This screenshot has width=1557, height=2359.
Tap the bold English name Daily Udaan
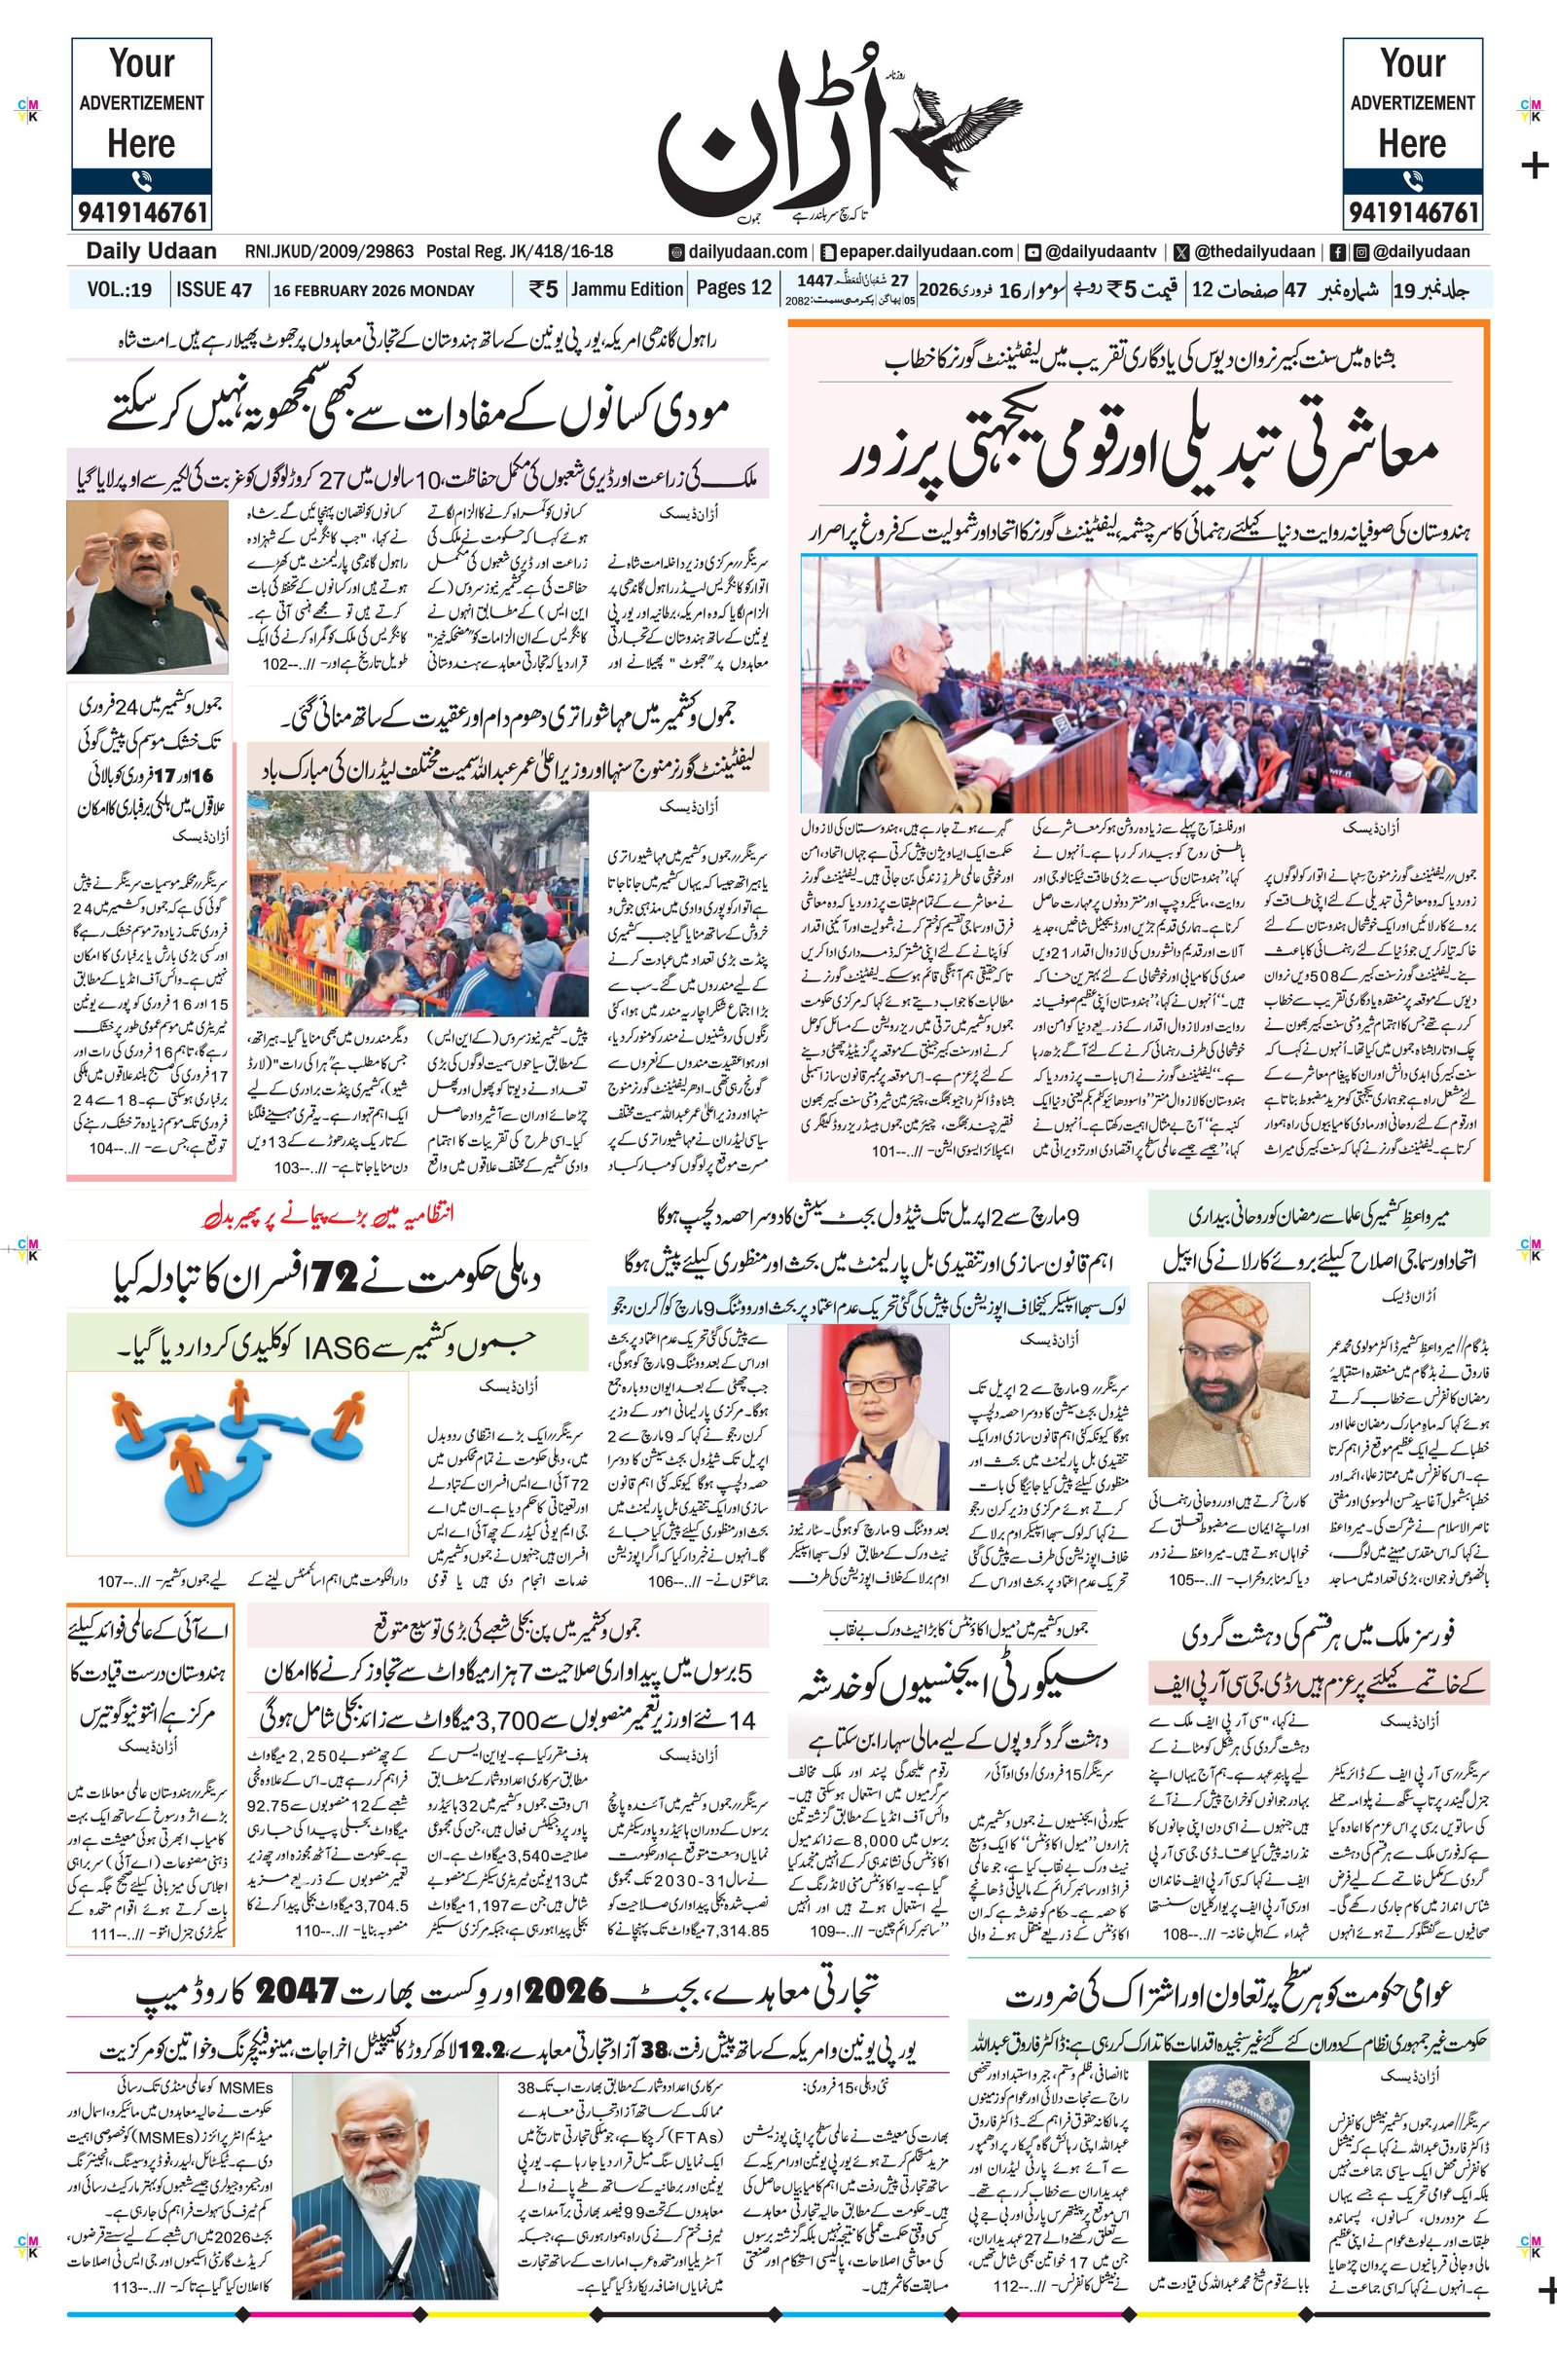click(151, 251)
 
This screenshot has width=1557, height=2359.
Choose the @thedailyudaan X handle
click(1248, 251)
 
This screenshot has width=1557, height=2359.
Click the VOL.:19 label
click(119, 290)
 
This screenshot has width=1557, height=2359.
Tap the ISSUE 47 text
click(214, 290)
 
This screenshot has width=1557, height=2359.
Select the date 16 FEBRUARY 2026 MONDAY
click(375, 291)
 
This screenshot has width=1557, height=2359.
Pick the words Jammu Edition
click(628, 289)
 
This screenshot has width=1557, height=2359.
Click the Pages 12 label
click(734, 288)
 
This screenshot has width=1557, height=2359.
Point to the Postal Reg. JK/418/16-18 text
click(520, 251)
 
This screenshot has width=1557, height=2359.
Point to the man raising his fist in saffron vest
click(147, 587)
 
